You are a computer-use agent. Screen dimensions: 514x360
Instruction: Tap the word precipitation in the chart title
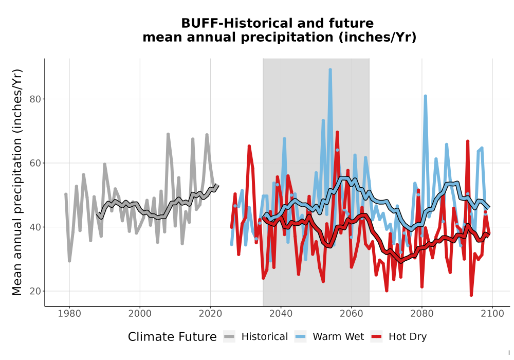[x=287, y=38]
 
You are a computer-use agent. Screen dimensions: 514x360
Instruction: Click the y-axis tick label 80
[x=35, y=99]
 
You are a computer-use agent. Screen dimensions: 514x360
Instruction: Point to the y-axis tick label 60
[x=35, y=163]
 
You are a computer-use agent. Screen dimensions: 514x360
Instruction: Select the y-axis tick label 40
[x=35, y=227]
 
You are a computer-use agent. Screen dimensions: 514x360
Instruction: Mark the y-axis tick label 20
[x=35, y=291]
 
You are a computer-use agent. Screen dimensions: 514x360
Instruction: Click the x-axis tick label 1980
[x=69, y=313]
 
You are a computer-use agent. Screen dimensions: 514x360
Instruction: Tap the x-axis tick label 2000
[x=140, y=313]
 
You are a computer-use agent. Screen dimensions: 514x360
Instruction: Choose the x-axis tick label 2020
[x=210, y=313]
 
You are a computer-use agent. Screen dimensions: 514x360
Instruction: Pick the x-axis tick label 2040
[x=281, y=313]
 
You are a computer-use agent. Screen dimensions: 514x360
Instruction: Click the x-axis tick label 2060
[x=352, y=313]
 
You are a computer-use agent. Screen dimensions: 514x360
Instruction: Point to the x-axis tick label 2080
[x=422, y=313]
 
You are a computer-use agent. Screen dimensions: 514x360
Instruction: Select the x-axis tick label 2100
[x=492, y=313]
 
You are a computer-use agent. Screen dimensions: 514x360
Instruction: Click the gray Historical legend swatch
[x=229, y=337]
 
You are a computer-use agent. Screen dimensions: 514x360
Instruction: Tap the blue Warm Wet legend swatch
[x=300, y=337]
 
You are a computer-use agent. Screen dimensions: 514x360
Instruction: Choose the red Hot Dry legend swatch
[x=377, y=337]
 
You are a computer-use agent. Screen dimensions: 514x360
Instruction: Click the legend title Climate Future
[x=172, y=337]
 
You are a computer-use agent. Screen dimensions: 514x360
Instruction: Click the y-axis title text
[x=17, y=182]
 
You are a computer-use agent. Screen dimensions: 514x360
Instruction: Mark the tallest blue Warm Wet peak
[x=330, y=70]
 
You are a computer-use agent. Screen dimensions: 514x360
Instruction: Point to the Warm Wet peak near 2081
[x=425, y=96]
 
